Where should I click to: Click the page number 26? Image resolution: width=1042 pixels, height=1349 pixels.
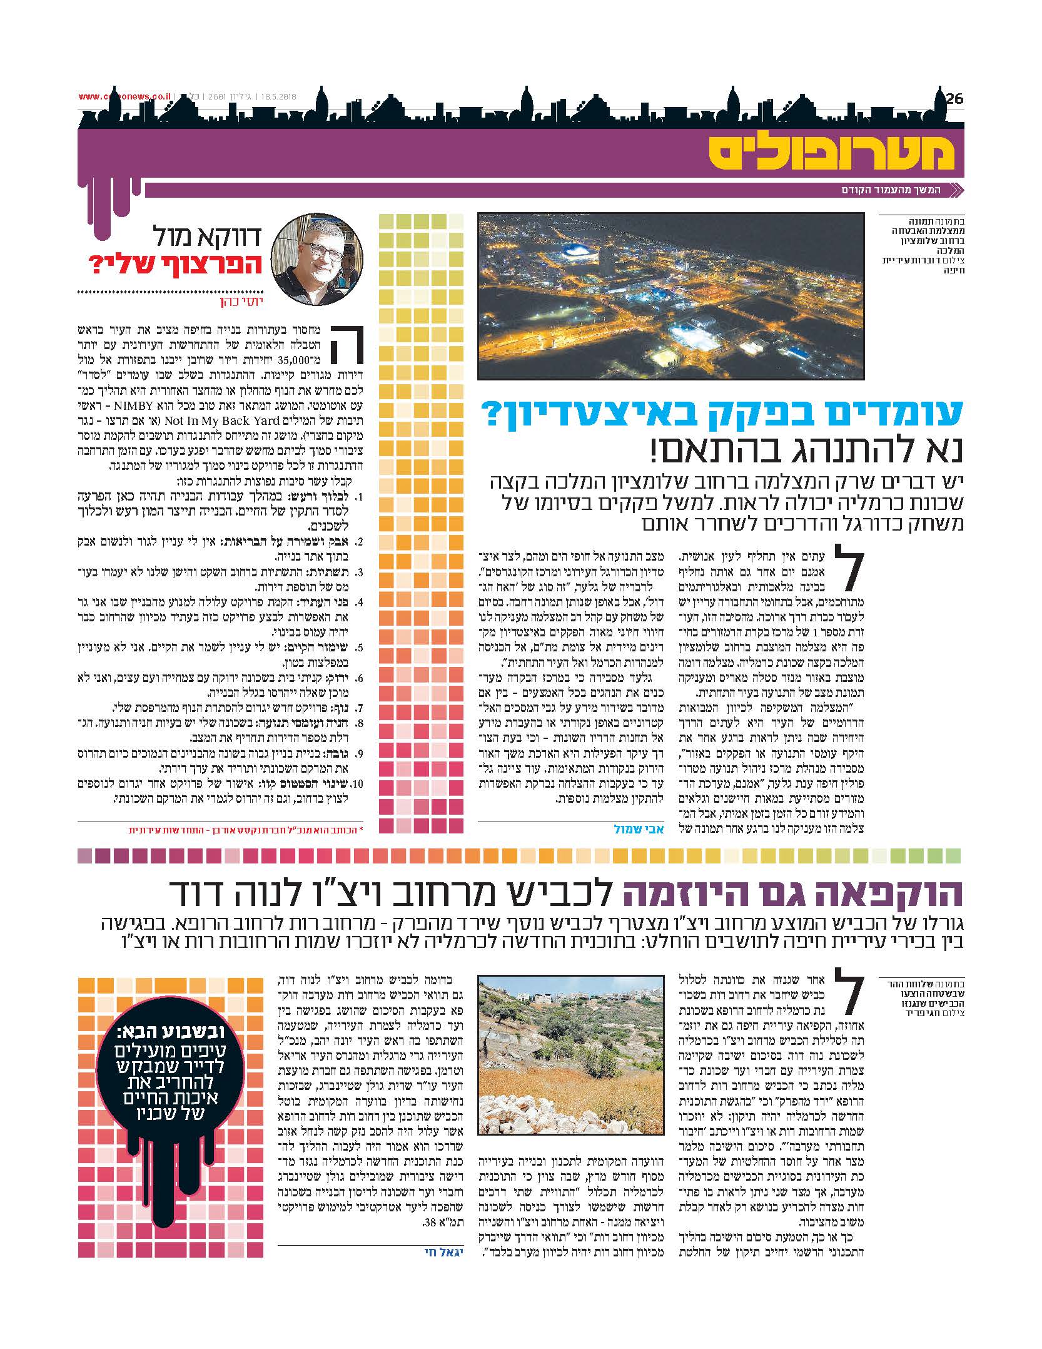[954, 98]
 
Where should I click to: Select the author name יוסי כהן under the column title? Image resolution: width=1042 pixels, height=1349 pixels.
[238, 303]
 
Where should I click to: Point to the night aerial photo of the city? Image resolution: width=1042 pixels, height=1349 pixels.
[670, 296]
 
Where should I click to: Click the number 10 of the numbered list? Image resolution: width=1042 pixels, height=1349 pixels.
[357, 782]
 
